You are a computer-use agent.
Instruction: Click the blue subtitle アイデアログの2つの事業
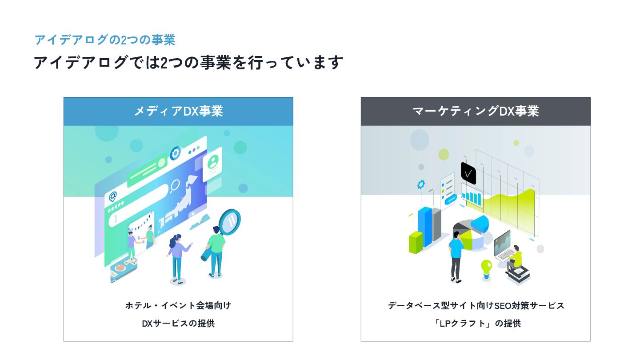[105, 40]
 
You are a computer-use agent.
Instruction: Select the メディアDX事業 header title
[178, 111]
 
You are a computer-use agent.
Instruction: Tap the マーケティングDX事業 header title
[476, 111]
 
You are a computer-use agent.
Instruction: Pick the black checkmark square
[468, 173]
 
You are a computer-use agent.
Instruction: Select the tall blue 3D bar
[425, 227]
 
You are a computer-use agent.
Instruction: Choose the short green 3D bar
[416, 243]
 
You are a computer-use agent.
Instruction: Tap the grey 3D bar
[436, 225]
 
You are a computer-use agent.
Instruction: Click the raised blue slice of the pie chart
[480, 222]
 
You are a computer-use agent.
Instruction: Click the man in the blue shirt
[456, 258]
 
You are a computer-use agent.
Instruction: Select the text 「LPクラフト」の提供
[476, 324]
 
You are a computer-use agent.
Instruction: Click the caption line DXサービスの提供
[178, 324]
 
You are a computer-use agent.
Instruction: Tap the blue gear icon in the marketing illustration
[420, 184]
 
